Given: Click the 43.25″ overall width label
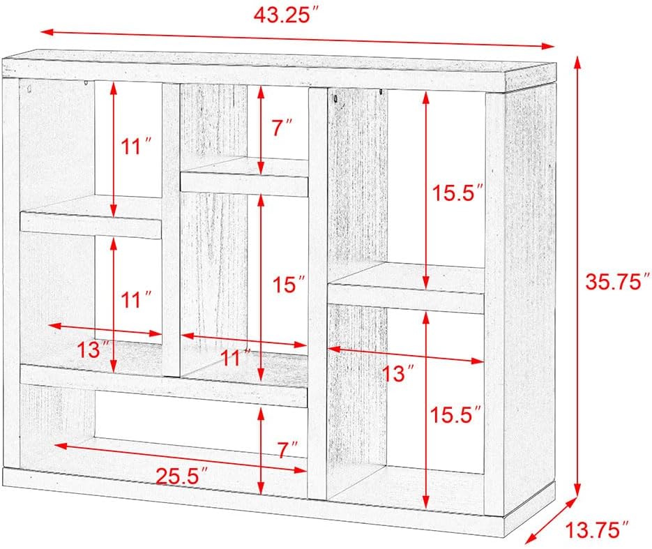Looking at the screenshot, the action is [x=287, y=15].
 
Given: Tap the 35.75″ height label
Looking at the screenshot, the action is [x=618, y=282].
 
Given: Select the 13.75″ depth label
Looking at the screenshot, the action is [x=597, y=529].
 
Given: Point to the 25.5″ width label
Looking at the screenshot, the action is [x=182, y=476].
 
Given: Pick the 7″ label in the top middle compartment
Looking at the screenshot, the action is [x=282, y=127].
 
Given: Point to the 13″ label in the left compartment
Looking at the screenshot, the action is [x=93, y=349].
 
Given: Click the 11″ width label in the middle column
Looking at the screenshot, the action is [x=236, y=358].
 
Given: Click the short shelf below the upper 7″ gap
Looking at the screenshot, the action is [x=245, y=177].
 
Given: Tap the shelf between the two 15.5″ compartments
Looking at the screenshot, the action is [x=407, y=288].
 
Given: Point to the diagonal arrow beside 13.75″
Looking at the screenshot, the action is [x=551, y=520].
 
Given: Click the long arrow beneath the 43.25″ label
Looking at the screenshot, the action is [x=298, y=38].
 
